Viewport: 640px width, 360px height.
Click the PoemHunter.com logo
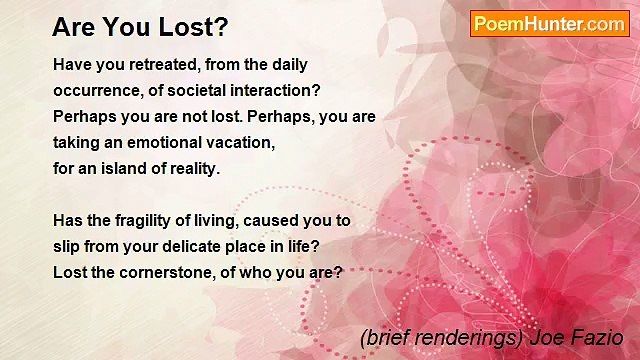[x=549, y=24]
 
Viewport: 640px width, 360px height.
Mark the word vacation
[x=238, y=142]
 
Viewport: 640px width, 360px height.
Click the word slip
[x=68, y=246]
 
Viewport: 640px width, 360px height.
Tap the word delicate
[x=202, y=246]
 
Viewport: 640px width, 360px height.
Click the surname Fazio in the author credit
[x=600, y=338]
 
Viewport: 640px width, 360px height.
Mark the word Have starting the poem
[x=72, y=64]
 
